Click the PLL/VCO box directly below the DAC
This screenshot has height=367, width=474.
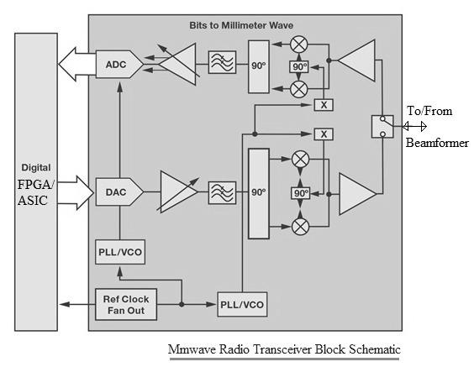(x=118, y=251)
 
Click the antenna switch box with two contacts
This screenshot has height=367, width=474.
(x=382, y=126)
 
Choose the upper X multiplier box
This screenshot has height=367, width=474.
(x=324, y=104)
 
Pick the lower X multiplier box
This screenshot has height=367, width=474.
(x=324, y=134)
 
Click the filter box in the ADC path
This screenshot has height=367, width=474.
(x=222, y=64)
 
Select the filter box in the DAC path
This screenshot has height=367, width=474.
(x=222, y=192)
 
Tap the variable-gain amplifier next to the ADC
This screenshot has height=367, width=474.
(x=175, y=63)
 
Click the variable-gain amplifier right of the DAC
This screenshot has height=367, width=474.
(x=175, y=192)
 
